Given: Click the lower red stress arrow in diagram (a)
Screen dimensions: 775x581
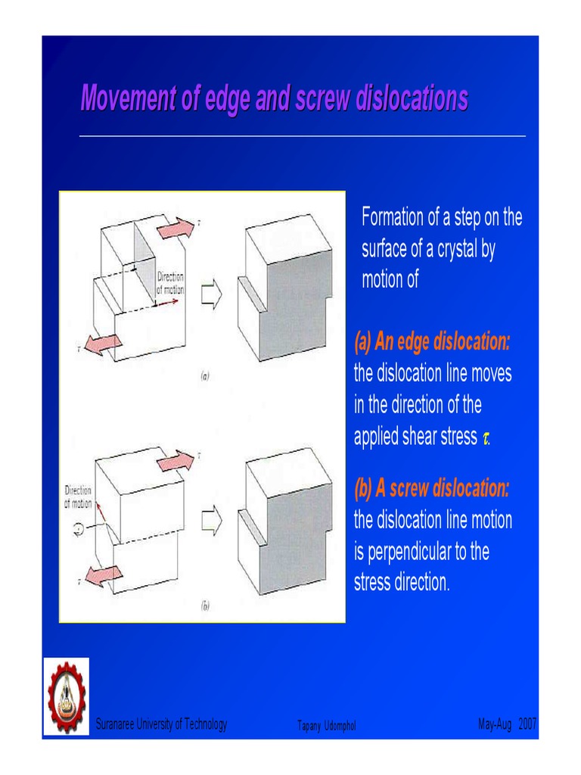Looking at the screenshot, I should (104, 343).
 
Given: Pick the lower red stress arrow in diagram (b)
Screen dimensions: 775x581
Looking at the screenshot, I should (104, 575).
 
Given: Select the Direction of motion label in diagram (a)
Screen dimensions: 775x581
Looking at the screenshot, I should (170, 283).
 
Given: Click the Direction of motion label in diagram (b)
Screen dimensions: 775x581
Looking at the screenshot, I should (78, 496).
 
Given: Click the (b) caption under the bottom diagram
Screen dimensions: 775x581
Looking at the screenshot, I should (204, 605).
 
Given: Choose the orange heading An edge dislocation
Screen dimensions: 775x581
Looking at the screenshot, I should (432, 343).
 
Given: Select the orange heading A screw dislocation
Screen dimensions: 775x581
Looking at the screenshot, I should (432, 489).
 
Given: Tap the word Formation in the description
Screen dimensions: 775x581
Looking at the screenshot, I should (393, 218).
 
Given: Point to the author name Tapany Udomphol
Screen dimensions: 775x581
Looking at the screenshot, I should (327, 727).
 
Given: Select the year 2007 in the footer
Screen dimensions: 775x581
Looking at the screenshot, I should (527, 725).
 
